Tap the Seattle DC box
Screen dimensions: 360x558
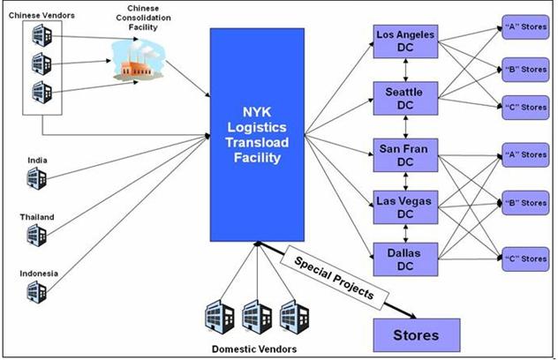tap(405, 98)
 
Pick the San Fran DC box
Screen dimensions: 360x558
tap(405, 155)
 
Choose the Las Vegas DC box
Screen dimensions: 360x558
tap(405, 206)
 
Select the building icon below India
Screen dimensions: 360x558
tap(35, 180)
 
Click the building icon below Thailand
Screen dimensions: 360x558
tap(35, 235)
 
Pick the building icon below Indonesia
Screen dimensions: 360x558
tap(35, 291)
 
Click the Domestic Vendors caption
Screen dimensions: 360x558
tap(254, 349)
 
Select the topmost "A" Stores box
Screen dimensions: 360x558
tap(524, 26)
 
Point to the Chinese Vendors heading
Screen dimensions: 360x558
tap(42, 15)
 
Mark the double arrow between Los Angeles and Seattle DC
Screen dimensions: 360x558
tap(405, 70)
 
